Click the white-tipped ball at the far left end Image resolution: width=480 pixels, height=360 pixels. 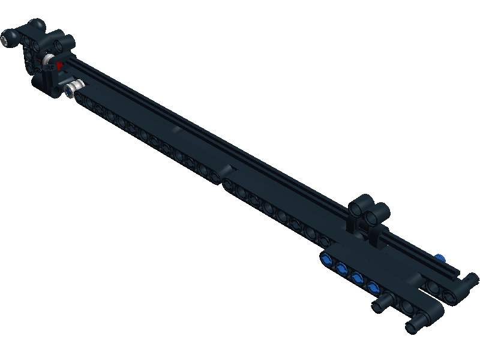coord(8,41)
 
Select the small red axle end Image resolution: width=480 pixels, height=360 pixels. coord(59,65)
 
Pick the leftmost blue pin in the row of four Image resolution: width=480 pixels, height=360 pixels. coord(326,260)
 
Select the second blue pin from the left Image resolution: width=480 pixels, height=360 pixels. coord(342,268)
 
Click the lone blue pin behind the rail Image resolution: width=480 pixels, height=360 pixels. coord(441,257)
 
